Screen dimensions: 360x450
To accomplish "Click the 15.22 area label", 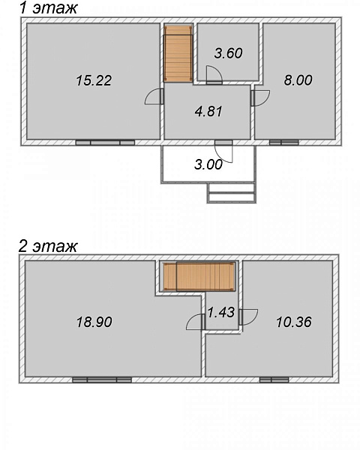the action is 94,80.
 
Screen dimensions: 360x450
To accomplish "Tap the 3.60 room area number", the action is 229,53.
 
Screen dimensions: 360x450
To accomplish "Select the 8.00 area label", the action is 298,80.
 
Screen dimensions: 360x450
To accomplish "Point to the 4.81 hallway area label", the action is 208,111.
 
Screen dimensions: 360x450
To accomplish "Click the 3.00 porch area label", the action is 208,165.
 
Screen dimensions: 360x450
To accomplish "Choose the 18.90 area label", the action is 94,322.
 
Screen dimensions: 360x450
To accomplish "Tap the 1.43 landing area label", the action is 221,312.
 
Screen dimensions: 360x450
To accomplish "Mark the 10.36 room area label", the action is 294,322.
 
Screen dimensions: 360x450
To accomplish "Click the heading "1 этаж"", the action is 48,7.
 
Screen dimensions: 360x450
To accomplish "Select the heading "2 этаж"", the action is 48,246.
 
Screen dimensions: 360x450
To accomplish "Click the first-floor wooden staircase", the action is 178,53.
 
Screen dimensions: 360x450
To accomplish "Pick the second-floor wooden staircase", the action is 199,277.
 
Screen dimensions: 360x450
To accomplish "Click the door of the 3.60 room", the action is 214,75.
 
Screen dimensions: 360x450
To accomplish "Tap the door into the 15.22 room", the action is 154,97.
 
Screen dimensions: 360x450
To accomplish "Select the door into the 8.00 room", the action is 260,98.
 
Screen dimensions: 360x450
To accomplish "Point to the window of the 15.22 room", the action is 105,142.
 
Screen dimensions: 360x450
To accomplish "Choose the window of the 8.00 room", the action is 284,142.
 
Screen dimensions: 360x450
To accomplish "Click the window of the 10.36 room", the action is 274,380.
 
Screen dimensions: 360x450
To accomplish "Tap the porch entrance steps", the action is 232,193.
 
